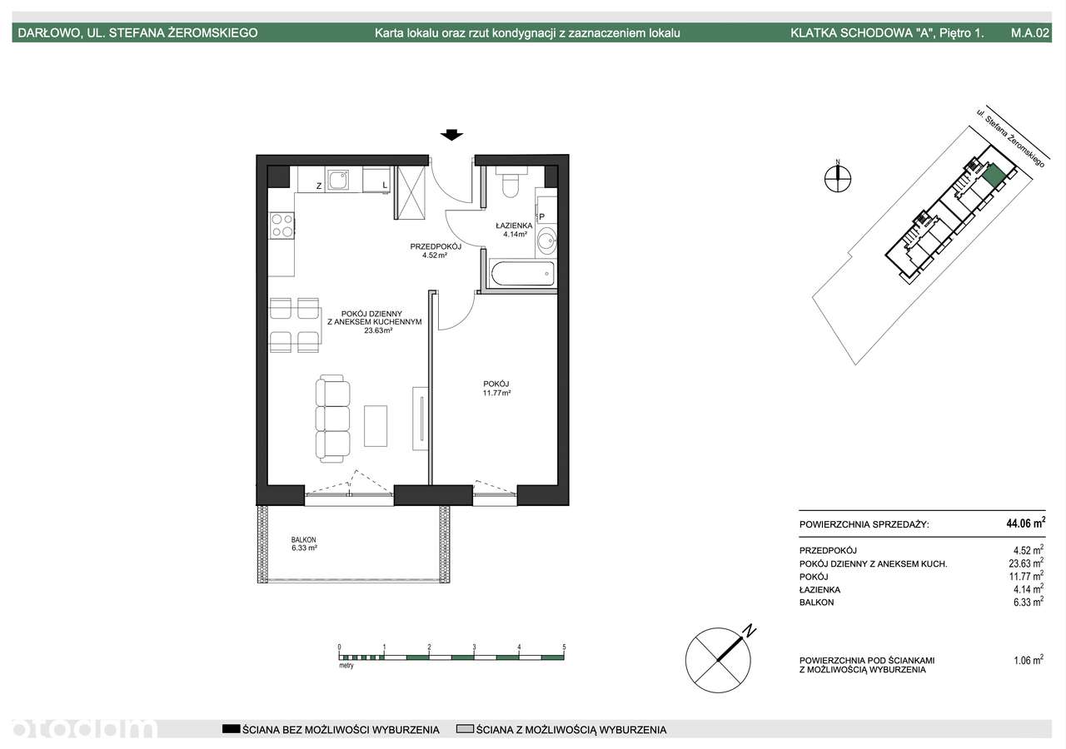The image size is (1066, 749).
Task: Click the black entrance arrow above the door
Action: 451,135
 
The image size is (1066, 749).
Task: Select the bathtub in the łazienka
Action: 521,274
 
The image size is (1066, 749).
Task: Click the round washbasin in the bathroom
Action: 546,241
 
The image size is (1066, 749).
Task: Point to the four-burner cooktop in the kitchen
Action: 281,226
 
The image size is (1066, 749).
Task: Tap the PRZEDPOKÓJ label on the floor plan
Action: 436,246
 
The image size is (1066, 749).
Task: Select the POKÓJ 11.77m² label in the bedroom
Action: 496,388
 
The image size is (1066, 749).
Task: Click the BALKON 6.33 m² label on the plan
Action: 304,543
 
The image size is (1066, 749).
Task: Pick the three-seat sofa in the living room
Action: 332,419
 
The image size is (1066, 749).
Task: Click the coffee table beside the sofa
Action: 376,425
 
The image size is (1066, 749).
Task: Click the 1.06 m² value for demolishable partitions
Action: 1029,660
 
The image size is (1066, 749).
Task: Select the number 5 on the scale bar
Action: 564,647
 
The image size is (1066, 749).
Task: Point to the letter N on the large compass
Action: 750,630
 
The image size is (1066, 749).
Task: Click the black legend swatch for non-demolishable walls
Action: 231,728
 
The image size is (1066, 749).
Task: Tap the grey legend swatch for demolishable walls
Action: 465,728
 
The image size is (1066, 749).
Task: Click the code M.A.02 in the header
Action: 1030,32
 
